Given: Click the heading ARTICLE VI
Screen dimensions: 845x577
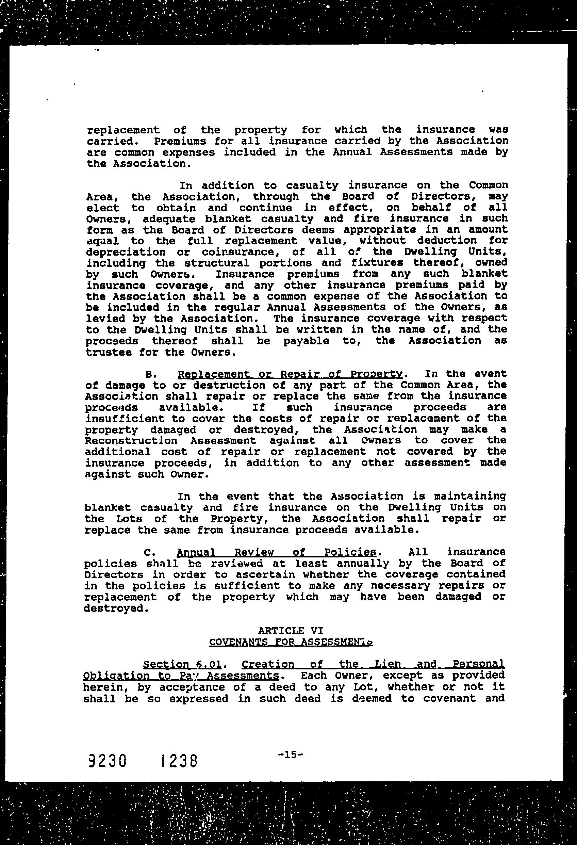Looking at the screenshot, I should point(291,631).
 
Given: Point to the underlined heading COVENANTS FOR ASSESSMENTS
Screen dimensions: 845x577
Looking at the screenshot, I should point(291,642).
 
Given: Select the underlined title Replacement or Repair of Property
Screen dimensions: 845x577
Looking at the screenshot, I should point(290,374).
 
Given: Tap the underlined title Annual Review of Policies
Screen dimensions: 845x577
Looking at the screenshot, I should point(276,553).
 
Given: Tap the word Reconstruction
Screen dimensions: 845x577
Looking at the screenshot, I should point(131,441).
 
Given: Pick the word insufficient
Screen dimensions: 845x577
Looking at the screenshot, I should point(125,419).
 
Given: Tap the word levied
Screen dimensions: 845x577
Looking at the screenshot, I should point(105,319).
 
